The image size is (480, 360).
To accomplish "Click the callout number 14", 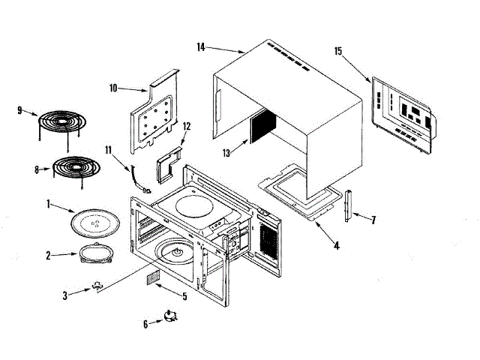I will tap(201, 47).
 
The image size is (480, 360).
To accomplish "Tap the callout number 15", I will tap(338, 51).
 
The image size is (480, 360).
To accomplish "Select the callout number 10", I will tap(114, 88).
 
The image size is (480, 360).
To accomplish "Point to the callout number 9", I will tap(20, 110).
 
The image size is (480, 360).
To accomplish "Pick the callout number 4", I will tap(337, 244).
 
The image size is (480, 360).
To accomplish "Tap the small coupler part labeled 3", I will tap(97, 285).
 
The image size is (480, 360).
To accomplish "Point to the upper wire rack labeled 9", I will tap(62, 122).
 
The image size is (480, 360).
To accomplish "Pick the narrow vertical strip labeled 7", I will tap(348, 205).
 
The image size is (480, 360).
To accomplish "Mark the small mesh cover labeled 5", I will tap(153, 277).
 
